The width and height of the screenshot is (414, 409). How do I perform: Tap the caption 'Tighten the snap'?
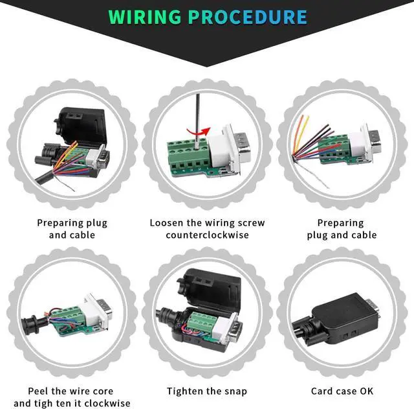pos(207,391)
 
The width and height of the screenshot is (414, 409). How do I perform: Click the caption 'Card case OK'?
pos(342,391)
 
